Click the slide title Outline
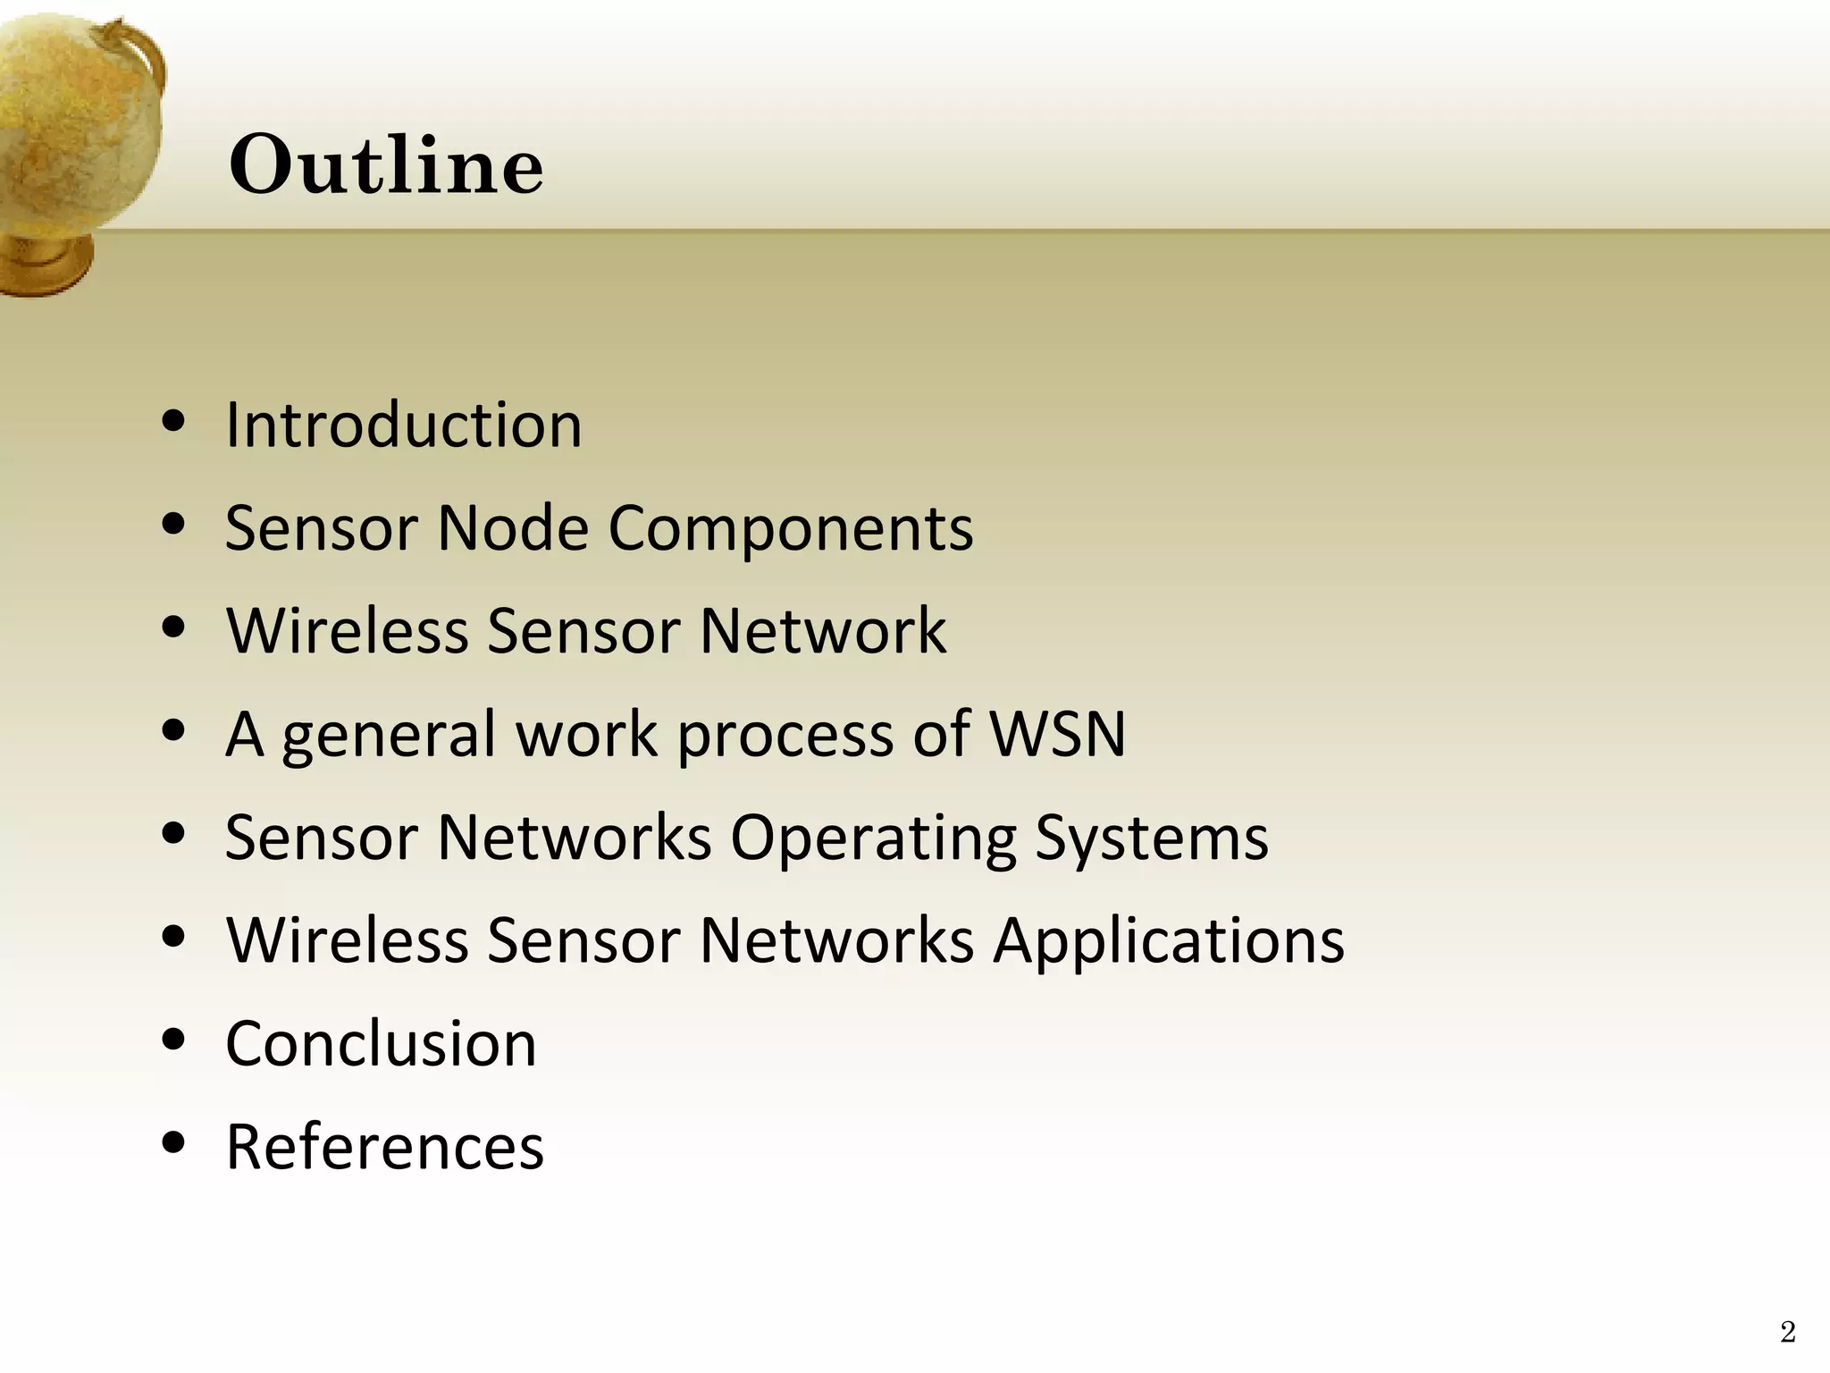click(386, 165)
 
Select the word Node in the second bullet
click(513, 528)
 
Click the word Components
click(791, 530)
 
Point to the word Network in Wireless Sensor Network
click(823, 631)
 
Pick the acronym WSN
click(1058, 734)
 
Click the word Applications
click(1169, 942)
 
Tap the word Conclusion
click(381, 1044)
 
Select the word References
click(384, 1147)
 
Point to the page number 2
click(1787, 1332)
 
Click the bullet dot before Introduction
click(174, 422)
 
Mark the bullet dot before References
click(174, 1143)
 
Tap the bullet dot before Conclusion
click(174, 1040)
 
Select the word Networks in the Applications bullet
click(836, 940)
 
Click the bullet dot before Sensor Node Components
click(174, 525)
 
